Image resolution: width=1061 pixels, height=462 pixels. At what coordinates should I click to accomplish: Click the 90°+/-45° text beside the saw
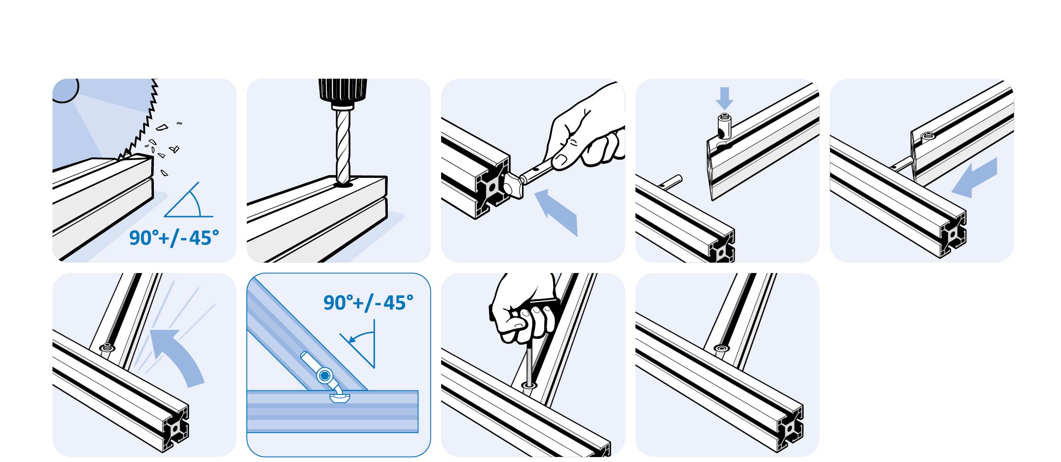pyautogui.click(x=174, y=238)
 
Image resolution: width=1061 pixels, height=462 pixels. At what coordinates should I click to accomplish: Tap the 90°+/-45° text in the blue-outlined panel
pyautogui.click(x=368, y=303)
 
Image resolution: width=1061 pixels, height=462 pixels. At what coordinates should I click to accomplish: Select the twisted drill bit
pyautogui.click(x=342, y=147)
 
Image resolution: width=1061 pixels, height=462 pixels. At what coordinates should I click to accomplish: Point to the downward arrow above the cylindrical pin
pyautogui.click(x=724, y=98)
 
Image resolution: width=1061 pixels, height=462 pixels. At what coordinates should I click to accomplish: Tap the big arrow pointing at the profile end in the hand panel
pyautogui.click(x=557, y=212)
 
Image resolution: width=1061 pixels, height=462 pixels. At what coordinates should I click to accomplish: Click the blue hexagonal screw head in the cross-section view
pyautogui.click(x=325, y=376)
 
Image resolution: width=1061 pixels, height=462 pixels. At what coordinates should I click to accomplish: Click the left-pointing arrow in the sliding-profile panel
pyautogui.click(x=975, y=178)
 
